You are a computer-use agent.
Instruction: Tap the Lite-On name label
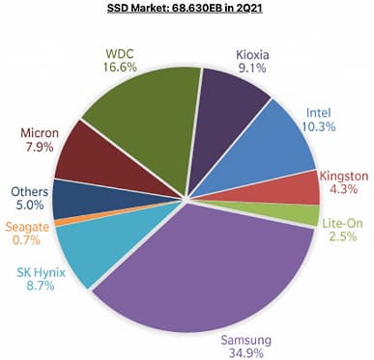pos(340,223)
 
